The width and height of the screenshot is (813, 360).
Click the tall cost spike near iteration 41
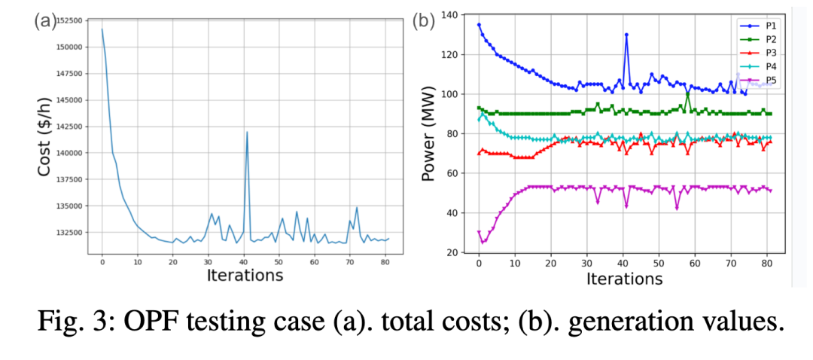pos(246,133)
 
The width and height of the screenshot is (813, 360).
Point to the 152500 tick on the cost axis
pos(69,20)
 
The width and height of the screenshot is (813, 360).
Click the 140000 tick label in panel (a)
pos(69,153)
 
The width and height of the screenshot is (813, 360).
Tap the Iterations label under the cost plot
pos(245,275)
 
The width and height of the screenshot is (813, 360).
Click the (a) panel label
pos(44,21)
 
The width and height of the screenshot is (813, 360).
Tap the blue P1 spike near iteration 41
pos(626,35)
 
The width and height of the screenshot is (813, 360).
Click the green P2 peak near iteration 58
pos(687,92)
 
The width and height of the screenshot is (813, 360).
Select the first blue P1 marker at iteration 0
pos(479,25)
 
